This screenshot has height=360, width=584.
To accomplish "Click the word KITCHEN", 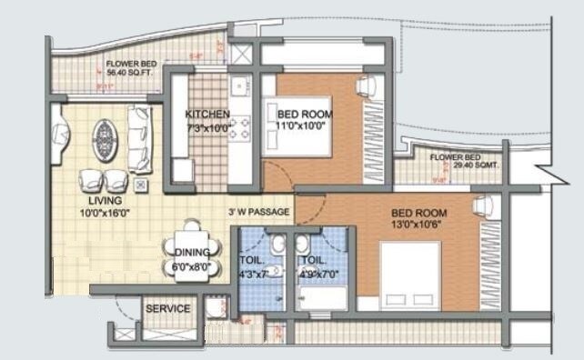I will [x=207, y=115].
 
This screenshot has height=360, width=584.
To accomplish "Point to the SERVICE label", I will [x=169, y=309].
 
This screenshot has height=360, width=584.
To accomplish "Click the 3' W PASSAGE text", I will [x=260, y=212].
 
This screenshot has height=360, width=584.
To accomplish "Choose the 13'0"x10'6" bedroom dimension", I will [x=418, y=225].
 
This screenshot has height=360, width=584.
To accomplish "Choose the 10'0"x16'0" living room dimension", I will [x=106, y=214].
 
